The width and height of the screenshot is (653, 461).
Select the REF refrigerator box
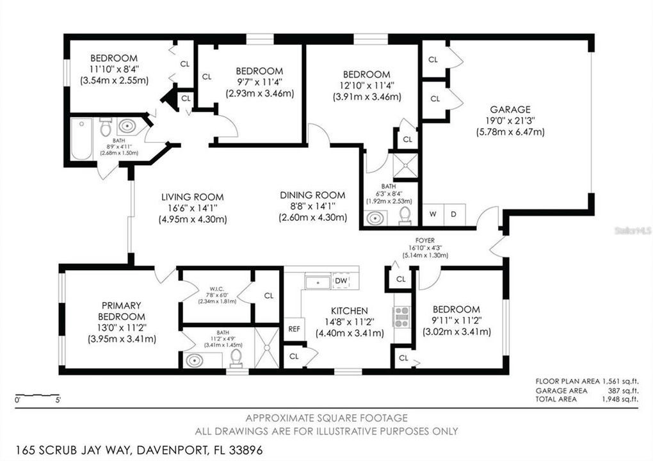(294, 328)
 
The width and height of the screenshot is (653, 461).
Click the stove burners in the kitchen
(401, 317)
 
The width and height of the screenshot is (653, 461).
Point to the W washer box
(433, 214)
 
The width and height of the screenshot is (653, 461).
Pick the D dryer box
(453, 214)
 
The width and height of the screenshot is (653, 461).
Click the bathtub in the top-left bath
(82, 139)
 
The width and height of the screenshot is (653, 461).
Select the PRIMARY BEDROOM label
(121, 311)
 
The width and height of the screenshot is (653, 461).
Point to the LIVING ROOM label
(192, 197)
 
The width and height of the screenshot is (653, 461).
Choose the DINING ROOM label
(312, 195)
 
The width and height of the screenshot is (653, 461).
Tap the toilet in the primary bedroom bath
(236, 357)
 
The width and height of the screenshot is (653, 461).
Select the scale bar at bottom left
(38, 396)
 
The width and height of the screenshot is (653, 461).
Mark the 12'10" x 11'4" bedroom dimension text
(366, 86)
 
